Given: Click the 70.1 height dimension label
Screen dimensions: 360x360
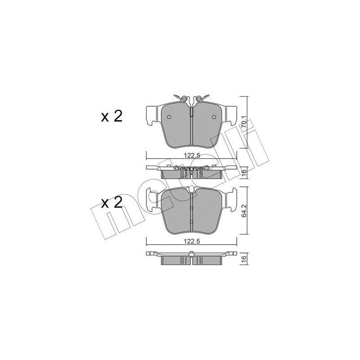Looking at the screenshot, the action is (x=244, y=122).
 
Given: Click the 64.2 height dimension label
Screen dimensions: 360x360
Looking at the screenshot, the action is (x=244, y=211).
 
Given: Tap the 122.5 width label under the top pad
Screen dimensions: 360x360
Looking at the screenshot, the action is (x=192, y=155).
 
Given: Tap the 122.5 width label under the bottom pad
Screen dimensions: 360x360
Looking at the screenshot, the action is (x=192, y=241).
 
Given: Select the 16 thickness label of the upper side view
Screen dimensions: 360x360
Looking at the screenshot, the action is (x=244, y=171).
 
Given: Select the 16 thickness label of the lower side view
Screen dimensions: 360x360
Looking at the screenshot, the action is (x=244, y=257).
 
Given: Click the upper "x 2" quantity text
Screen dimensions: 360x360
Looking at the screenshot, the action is (x=112, y=117).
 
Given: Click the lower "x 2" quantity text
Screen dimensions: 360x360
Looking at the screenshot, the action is (x=112, y=203).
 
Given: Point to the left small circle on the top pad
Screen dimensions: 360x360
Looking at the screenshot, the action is (x=169, y=117).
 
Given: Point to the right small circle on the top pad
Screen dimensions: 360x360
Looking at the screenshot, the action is (x=214, y=117).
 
